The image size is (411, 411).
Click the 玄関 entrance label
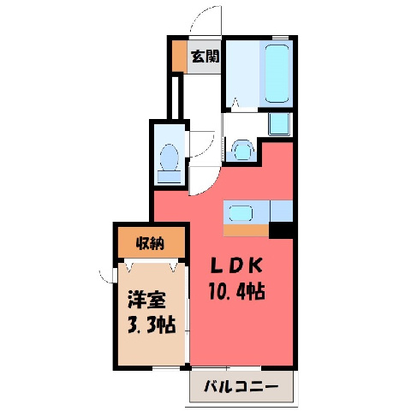click(x=205, y=57)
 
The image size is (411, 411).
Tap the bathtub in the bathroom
click(x=277, y=74)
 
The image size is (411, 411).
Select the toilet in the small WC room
click(x=170, y=164)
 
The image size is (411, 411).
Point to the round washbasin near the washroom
click(x=242, y=150)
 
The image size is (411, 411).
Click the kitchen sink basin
click(x=241, y=213)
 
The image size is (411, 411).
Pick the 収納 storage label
click(x=150, y=243)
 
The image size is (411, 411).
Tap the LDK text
click(x=236, y=265)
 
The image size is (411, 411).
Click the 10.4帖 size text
click(x=237, y=291)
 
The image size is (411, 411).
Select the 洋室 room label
click(x=146, y=300)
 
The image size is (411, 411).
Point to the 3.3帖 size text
click(x=151, y=325)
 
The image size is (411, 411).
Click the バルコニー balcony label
click(x=241, y=387)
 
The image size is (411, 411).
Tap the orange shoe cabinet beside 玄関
click(x=179, y=57)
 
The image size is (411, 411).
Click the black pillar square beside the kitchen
click(x=281, y=230)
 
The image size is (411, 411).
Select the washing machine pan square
click(x=279, y=124)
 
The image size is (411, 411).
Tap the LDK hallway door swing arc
click(x=211, y=187)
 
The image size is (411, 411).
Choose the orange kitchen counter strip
click(x=246, y=230)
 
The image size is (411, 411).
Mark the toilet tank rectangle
click(x=170, y=177)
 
